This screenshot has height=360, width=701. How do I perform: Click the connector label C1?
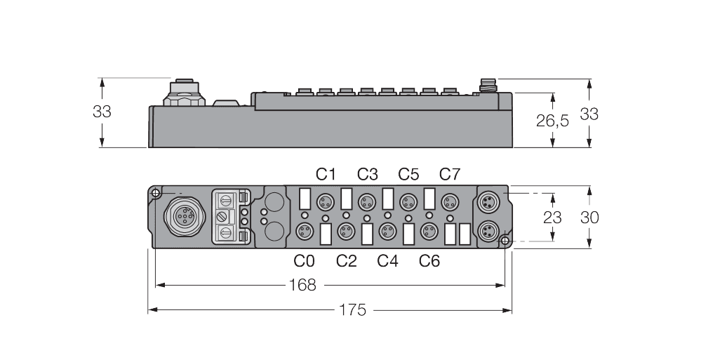pyautogui.click(x=326, y=174)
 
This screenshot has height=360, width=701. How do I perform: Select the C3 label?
pyautogui.click(x=367, y=174)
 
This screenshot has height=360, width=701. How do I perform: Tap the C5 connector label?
pyautogui.click(x=408, y=174)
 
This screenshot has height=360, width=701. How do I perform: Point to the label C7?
pyautogui.click(x=450, y=174)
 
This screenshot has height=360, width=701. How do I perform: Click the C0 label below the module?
pyautogui.click(x=305, y=261)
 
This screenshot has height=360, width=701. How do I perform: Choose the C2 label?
pyautogui.click(x=346, y=261)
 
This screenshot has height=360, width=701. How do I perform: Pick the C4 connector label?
pyautogui.click(x=387, y=261)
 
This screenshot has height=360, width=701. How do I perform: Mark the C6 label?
pyautogui.click(x=429, y=261)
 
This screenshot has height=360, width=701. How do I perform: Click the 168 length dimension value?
pyautogui.click(x=302, y=285)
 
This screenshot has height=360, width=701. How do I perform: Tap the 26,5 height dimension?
pyautogui.click(x=552, y=121)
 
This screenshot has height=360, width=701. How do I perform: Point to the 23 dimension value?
pyautogui.click(x=552, y=218)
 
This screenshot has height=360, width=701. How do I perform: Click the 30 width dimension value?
pyautogui.click(x=589, y=218)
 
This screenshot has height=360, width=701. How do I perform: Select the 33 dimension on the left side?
pyautogui.click(x=102, y=111)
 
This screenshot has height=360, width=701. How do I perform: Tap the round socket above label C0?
pyautogui.click(x=304, y=230)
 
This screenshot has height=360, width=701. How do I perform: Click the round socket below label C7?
pyautogui.click(x=449, y=203)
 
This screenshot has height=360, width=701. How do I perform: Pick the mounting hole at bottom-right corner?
pyautogui.click(x=505, y=241)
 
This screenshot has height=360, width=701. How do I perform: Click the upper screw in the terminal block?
pyautogui.click(x=225, y=199)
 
